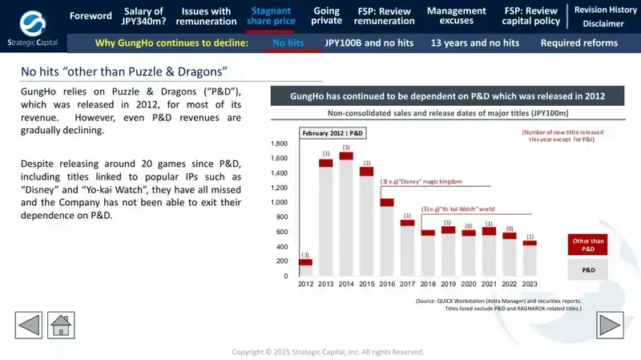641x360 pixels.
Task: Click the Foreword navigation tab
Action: point(91,16)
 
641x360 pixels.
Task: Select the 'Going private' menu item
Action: point(326,16)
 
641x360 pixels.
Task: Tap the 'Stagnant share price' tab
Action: point(270,16)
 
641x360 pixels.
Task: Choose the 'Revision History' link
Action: point(605,10)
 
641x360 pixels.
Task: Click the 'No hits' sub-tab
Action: point(288,42)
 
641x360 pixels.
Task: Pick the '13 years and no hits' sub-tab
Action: point(474,42)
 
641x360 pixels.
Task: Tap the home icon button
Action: point(62,326)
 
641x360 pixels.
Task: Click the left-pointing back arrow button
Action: point(29,326)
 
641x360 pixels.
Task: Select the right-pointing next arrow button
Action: point(611,326)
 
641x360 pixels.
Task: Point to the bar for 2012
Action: point(305,269)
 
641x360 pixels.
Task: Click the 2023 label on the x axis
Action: point(530,284)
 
